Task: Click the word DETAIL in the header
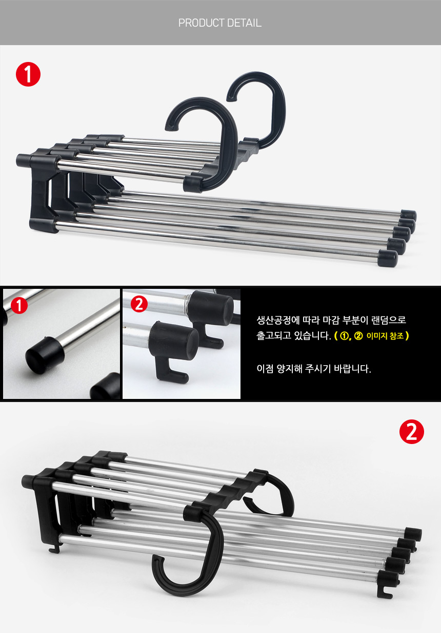244,23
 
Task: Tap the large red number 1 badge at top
28,74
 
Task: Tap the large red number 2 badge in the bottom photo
412,432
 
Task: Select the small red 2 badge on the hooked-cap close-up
139,304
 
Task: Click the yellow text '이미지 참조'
385,336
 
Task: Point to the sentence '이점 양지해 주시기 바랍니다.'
314,369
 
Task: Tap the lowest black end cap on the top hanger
388,258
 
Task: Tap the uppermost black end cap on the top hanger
409,215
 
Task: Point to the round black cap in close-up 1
45,354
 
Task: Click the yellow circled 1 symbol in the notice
344,336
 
